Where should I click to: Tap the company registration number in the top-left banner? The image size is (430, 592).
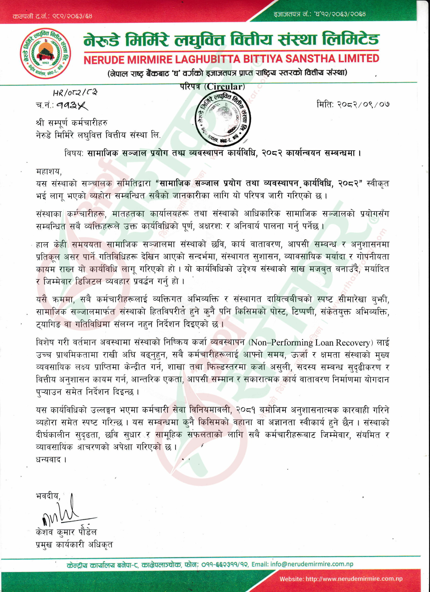coord(52,16)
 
